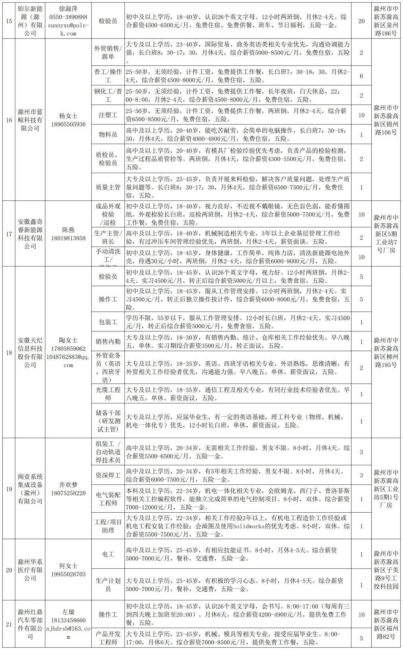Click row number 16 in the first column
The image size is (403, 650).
click(x=9, y=120)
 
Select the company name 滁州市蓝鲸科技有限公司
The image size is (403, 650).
click(x=31, y=120)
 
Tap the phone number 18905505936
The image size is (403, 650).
click(x=68, y=124)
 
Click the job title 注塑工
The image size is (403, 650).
click(x=108, y=115)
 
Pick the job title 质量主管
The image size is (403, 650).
click(x=108, y=187)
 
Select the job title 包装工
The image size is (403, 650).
click(x=108, y=322)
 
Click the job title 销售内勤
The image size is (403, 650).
click(x=108, y=341)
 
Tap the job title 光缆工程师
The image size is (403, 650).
click(x=108, y=394)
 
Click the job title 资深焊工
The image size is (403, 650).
click(x=108, y=475)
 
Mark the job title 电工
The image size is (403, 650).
click(x=108, y=554)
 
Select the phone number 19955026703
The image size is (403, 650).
click(x=68, y=574)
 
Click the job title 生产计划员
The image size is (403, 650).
click(x=108, y=585)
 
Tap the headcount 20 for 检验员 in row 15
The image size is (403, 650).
click(x=361, y=21)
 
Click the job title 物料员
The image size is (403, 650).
click(x=108, y=134)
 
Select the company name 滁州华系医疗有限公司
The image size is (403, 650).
click(x=31, y=570)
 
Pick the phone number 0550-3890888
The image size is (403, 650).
click(x=68, y=17)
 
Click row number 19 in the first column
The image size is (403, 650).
click(x=9, y=489)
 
